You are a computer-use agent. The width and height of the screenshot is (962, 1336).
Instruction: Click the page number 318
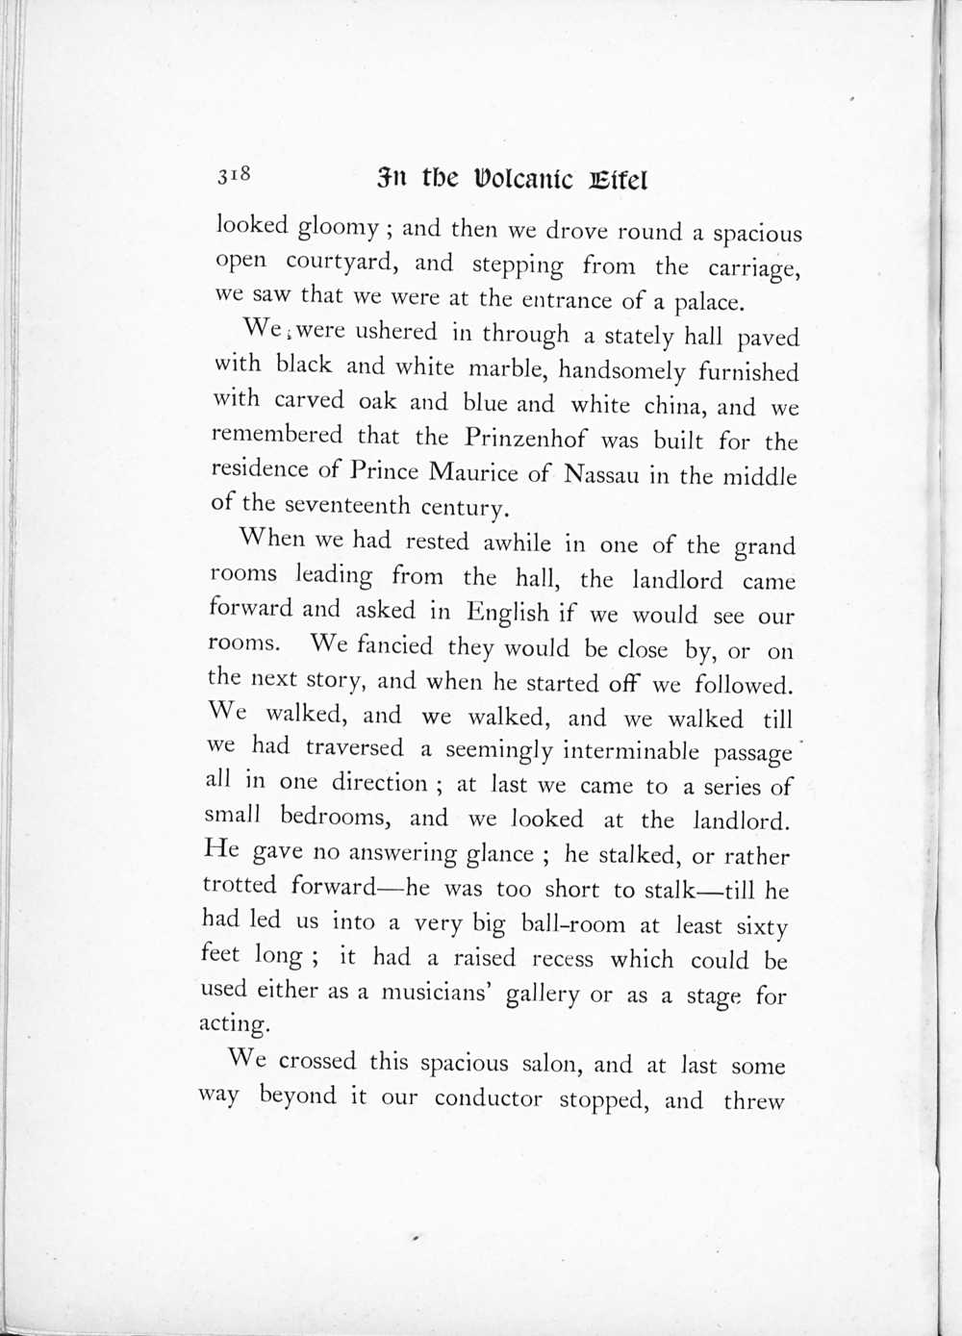234,174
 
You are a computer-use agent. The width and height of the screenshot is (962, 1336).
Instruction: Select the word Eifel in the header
617,180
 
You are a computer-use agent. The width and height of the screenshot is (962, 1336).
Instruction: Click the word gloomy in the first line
339,228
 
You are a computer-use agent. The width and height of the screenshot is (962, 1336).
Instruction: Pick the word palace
708,303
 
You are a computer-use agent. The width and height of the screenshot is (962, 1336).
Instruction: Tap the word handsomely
621,371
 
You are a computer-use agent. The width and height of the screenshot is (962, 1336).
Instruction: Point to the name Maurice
472,472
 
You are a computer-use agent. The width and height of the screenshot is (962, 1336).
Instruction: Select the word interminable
631,750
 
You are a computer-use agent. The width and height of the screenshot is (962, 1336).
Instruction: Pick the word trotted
240,885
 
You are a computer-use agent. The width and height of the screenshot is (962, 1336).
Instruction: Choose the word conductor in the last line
488,1097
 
